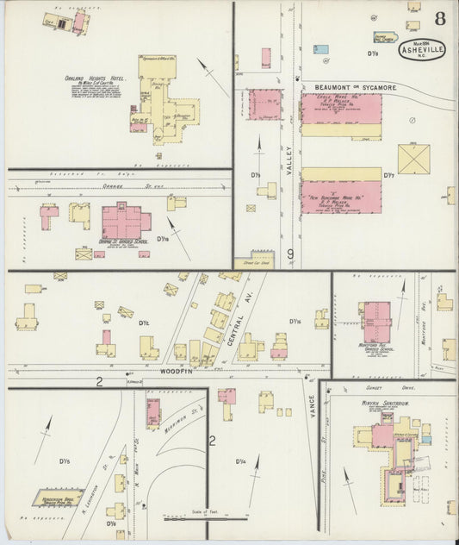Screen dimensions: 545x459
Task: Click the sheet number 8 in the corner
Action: (x=439, y=19)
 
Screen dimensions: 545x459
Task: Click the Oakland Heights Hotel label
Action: (x=96, y=78)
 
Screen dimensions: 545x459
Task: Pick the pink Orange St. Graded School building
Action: (x=126, y=222)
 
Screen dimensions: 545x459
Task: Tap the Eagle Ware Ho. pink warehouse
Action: (x=341, y=110)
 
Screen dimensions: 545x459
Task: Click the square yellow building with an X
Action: (x=413, y=159)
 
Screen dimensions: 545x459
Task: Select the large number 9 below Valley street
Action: (x=291, y=254)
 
